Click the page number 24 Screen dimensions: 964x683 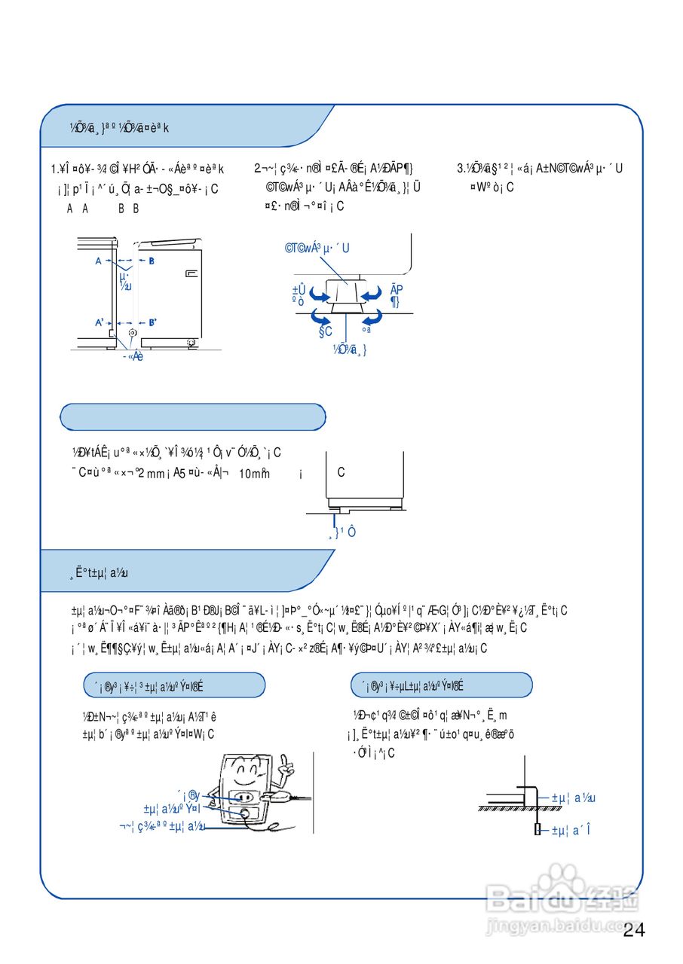point(634,931)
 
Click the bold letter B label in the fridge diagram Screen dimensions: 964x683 point(151,261)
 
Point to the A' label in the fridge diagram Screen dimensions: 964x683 point(100,322)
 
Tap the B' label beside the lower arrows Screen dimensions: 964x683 point(152,322)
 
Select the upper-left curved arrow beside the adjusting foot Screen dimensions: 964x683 point(319,294)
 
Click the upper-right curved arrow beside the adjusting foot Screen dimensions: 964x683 point(372,292)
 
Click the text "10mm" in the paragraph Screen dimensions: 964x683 point(254,474)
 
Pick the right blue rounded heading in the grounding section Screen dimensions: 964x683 point(442,685)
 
